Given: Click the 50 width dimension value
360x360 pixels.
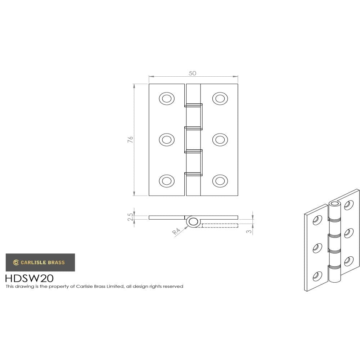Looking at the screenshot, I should [x=193, y=73].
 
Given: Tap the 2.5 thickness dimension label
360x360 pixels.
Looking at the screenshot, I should [x=130, y=217].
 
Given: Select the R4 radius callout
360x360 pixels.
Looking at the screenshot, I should [x=176, y=231].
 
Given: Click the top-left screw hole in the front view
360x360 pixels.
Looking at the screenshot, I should [x=167, y=98].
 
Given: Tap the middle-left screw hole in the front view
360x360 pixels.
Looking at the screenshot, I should [x=167, y=139].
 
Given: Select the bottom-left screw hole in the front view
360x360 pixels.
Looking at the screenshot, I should [x=167, y=181].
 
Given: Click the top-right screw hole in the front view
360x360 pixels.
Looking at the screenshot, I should [x=220, y=98].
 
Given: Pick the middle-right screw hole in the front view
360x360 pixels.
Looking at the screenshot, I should [x=220, y=139].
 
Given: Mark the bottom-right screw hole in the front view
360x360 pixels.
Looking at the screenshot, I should [x=220, y=181].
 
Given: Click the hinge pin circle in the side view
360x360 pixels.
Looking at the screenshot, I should [x=193, y=222].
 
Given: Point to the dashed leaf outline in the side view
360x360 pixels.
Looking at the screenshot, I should [x=219, y=226].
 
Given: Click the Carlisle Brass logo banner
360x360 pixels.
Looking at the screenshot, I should [x=40, y=262].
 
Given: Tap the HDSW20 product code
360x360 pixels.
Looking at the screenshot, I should [x=29, y=278].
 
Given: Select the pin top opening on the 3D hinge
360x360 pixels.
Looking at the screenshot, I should [x=335, y=204].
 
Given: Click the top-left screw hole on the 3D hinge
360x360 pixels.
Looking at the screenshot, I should [x=317, y=220].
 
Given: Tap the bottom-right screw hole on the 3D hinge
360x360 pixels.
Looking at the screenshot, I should [x=348, y=261].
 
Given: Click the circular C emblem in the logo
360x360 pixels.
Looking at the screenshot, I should [x=16, y=262].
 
